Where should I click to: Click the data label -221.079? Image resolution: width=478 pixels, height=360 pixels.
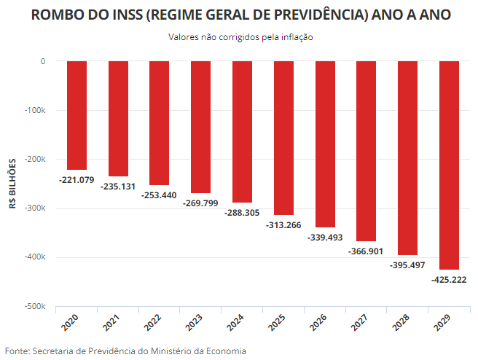point(77,179)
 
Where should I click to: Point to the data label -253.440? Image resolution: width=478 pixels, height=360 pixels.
point(159,195)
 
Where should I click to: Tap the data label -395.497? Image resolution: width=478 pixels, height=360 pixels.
point(407,265)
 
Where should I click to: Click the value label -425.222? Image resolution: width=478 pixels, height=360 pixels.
point(449,279)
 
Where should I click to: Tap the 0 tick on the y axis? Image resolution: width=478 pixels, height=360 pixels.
point(44,62)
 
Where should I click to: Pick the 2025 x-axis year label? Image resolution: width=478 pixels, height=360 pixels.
point(277,321)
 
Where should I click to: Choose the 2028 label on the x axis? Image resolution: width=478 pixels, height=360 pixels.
point(401,321)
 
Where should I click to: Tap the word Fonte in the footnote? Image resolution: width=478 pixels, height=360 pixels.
point(17,351)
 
